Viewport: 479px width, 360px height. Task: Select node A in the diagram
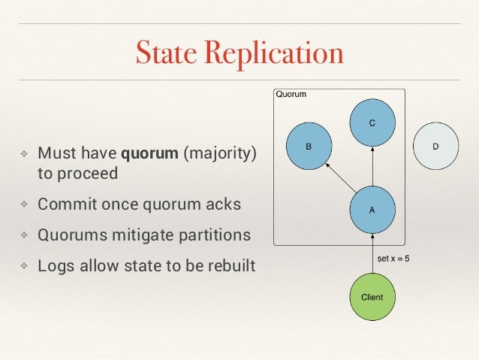[372, 210]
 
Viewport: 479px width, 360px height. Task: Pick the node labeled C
[372, 122]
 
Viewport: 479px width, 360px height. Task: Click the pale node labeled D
[436, 146]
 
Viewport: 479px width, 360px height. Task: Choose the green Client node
[372, 297]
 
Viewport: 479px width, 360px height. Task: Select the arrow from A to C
[372, 167]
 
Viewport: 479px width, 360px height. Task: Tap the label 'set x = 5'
[393, 259]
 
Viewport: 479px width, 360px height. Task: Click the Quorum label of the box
[291, 95]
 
